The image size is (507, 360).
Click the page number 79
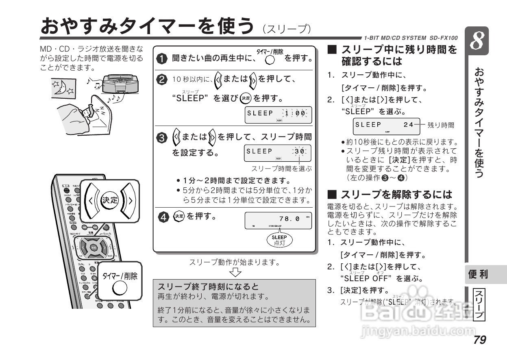point(479,339)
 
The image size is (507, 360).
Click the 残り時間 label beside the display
point(441,125)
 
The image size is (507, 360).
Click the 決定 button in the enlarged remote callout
point(109,200)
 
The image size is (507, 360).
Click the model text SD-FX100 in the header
point(444,38)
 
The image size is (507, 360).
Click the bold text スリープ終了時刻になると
point(209,286)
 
